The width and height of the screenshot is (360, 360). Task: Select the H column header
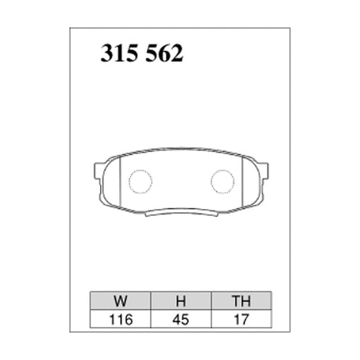(x=179, y=300)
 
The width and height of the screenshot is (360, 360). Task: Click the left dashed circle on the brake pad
(x=140, y=182)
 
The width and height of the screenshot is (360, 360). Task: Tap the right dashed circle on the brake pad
(x=223, y=182)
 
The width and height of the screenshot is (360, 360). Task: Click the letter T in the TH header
(x=236, y=300)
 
